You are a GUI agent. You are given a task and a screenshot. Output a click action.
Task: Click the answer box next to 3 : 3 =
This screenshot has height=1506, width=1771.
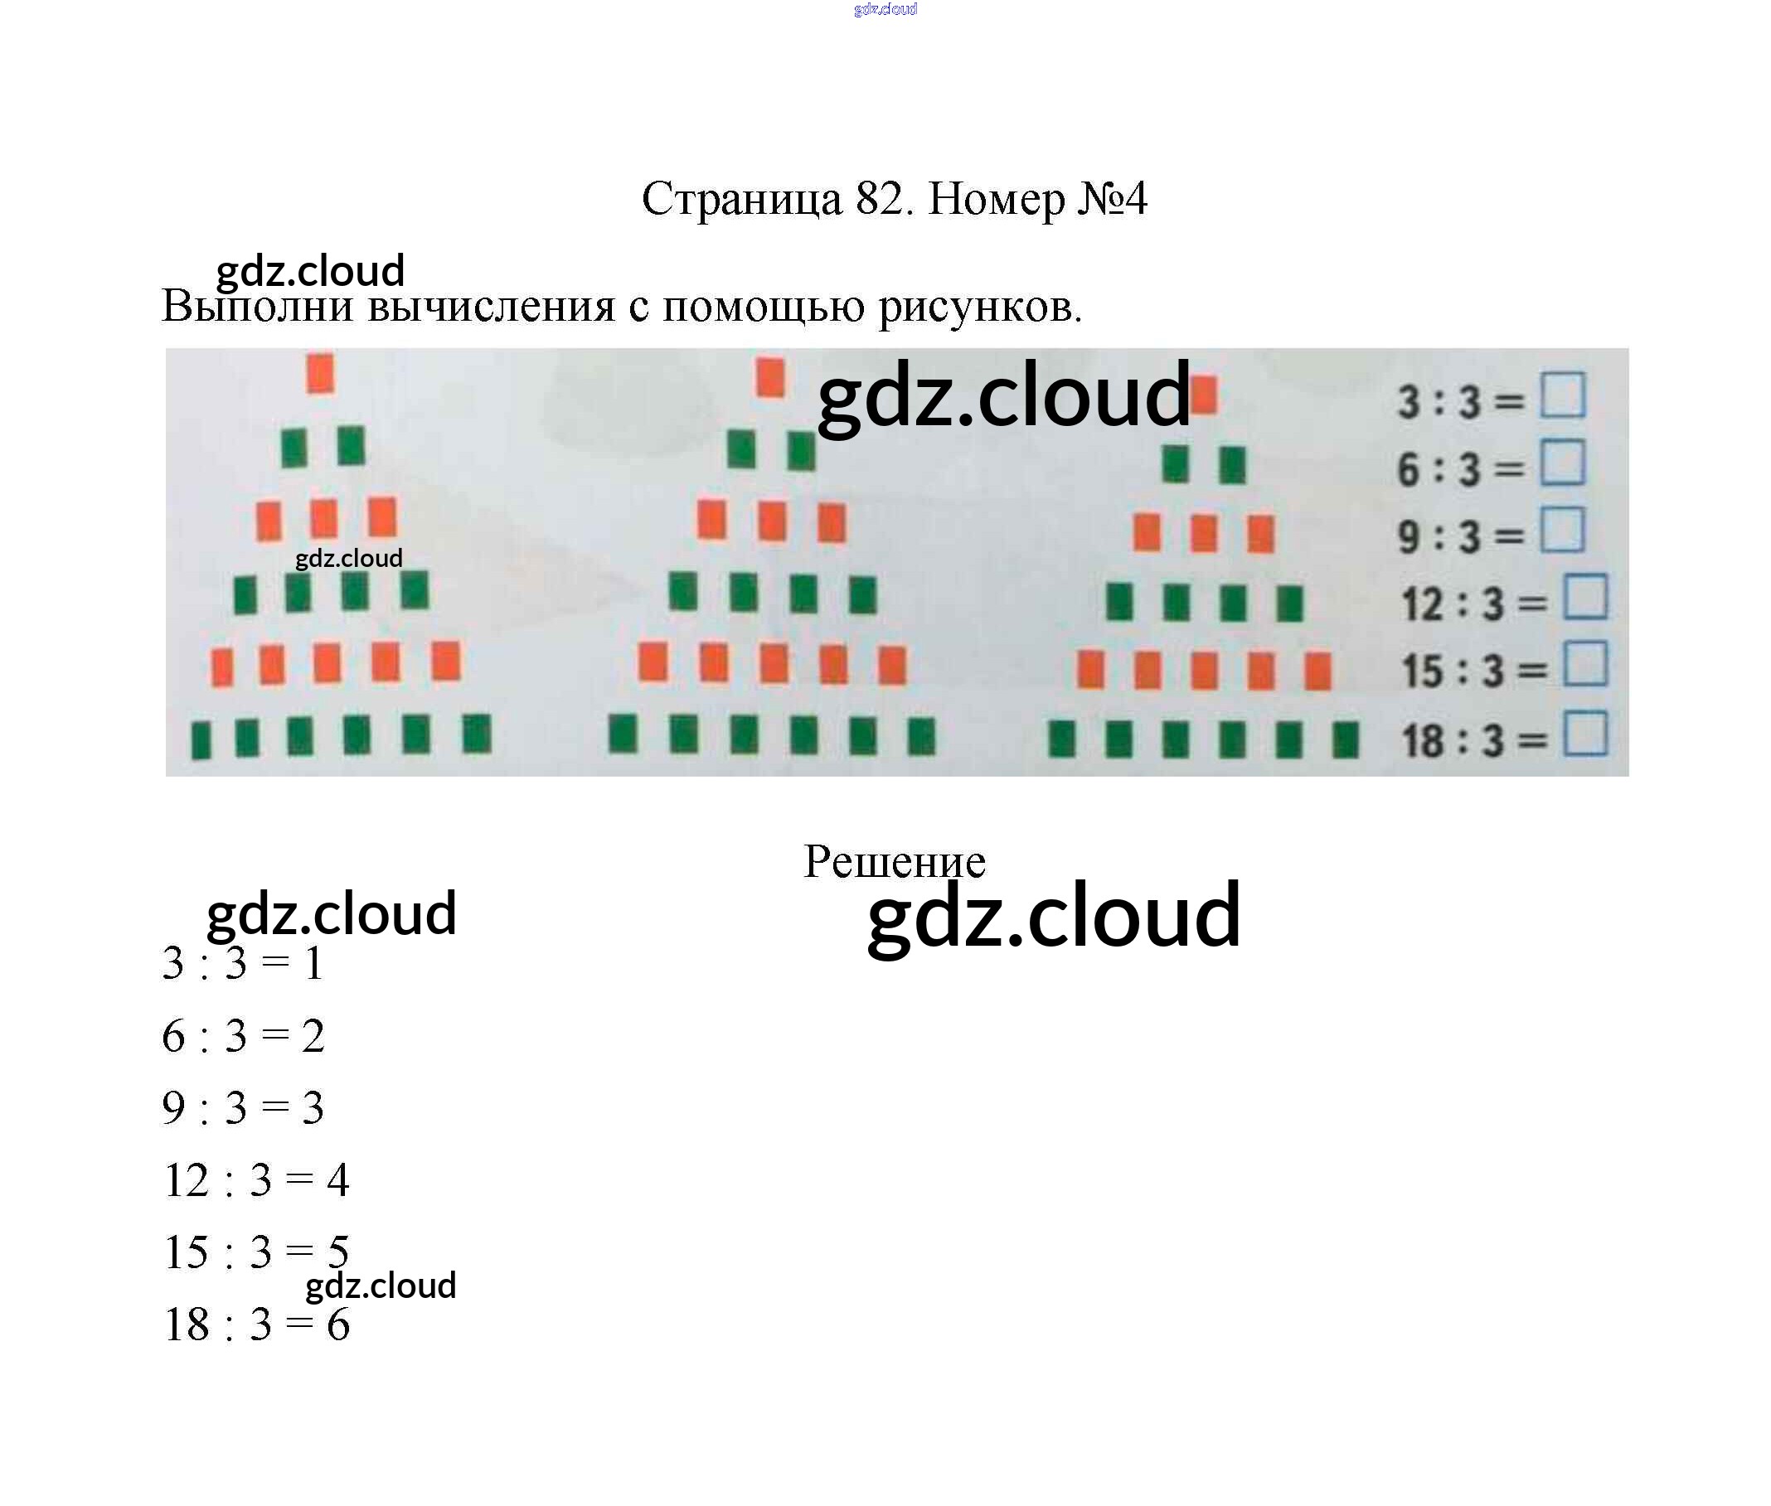coord(1562,395)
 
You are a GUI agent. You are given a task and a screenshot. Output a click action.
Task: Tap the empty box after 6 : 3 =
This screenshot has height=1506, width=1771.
coord(1562,462)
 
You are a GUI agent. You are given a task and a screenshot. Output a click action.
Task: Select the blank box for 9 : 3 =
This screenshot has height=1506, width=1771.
coord(1562,530)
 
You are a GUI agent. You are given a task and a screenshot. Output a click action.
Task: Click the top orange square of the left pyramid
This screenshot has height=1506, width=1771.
coord(320,374)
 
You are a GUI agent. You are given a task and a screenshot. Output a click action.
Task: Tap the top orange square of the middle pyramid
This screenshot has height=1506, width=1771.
coord(769,377)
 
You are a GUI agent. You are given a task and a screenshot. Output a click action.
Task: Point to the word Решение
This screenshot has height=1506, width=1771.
coord(893,861)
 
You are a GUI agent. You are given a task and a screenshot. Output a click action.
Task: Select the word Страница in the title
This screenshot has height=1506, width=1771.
coord(741,201)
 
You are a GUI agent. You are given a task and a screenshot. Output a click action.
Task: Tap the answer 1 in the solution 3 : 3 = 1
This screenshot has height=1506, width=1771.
coord(314,964)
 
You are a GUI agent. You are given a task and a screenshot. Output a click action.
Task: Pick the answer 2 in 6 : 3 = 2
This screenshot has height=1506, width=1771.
coord(313,1036)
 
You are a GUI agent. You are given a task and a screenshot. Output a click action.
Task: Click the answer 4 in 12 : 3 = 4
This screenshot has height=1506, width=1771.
coord(338,1181)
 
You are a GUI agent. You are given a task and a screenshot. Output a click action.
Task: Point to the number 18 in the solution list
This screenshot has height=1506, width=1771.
coord(187,1325)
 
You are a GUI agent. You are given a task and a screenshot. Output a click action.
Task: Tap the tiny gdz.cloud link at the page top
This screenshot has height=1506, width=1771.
coord(885,9)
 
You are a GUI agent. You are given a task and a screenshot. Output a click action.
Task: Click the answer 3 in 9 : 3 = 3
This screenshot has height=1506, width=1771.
coord(313,1108)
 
